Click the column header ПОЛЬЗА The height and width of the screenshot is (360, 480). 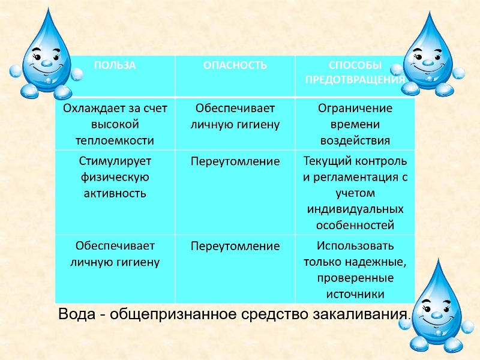pos(115,65)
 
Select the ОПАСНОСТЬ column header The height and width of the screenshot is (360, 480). pos(235,65)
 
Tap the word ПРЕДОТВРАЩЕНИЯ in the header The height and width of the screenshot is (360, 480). pos(355,80)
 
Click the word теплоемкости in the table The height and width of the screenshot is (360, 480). pos(115,140)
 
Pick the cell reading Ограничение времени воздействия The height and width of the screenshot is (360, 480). pos(355,124)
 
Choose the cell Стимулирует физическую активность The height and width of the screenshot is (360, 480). pos(115,177)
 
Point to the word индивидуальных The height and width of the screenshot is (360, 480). pos(355,209)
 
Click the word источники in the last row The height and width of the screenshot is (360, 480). pos(355,294)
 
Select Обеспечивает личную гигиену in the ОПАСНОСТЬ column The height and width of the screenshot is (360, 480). pos(235,116)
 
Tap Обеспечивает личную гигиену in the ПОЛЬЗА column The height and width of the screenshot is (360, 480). pos(115,254)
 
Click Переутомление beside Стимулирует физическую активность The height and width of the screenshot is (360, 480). pos(235,161)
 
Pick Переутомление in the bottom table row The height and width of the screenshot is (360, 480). pos(235,246)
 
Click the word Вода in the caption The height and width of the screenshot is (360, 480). pos(77,314)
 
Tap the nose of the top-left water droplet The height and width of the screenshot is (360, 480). pos(47,64)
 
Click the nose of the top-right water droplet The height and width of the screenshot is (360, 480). pos(428,64)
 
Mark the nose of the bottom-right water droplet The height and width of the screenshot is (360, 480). pos(437,315)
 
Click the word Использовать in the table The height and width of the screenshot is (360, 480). pos(355,246)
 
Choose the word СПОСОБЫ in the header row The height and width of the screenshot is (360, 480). pos(355,65)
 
